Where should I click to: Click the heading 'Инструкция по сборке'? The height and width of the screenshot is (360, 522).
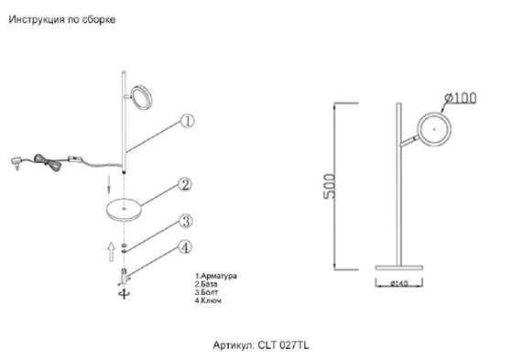tap(62, 19)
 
